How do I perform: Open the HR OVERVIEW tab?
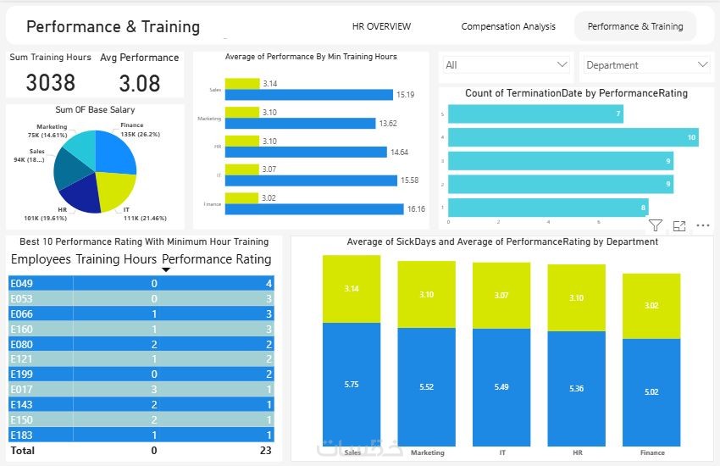[x=381, y=26]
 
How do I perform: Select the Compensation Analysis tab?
[x=508, y=26]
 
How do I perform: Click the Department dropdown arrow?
[x=702, y=64]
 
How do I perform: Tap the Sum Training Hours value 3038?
[x=51, y=82]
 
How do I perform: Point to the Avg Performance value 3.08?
[x=140, y=82]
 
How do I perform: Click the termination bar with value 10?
[x=573, y=136]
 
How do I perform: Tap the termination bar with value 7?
[x=535, y=114]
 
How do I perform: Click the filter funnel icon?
[x=655, y=225]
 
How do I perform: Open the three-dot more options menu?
[x=702, y=225]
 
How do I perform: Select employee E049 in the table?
[x=21, y=283]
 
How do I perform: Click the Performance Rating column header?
[x=217, y=259]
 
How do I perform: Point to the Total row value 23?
[x=265, y=450]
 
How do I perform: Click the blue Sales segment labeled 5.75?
[x=352, y=384]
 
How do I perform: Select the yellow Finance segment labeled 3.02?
[x=651, y=305]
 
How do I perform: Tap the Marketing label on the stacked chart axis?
[x=427, y=452]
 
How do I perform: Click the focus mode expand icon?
[x=678, y=225]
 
